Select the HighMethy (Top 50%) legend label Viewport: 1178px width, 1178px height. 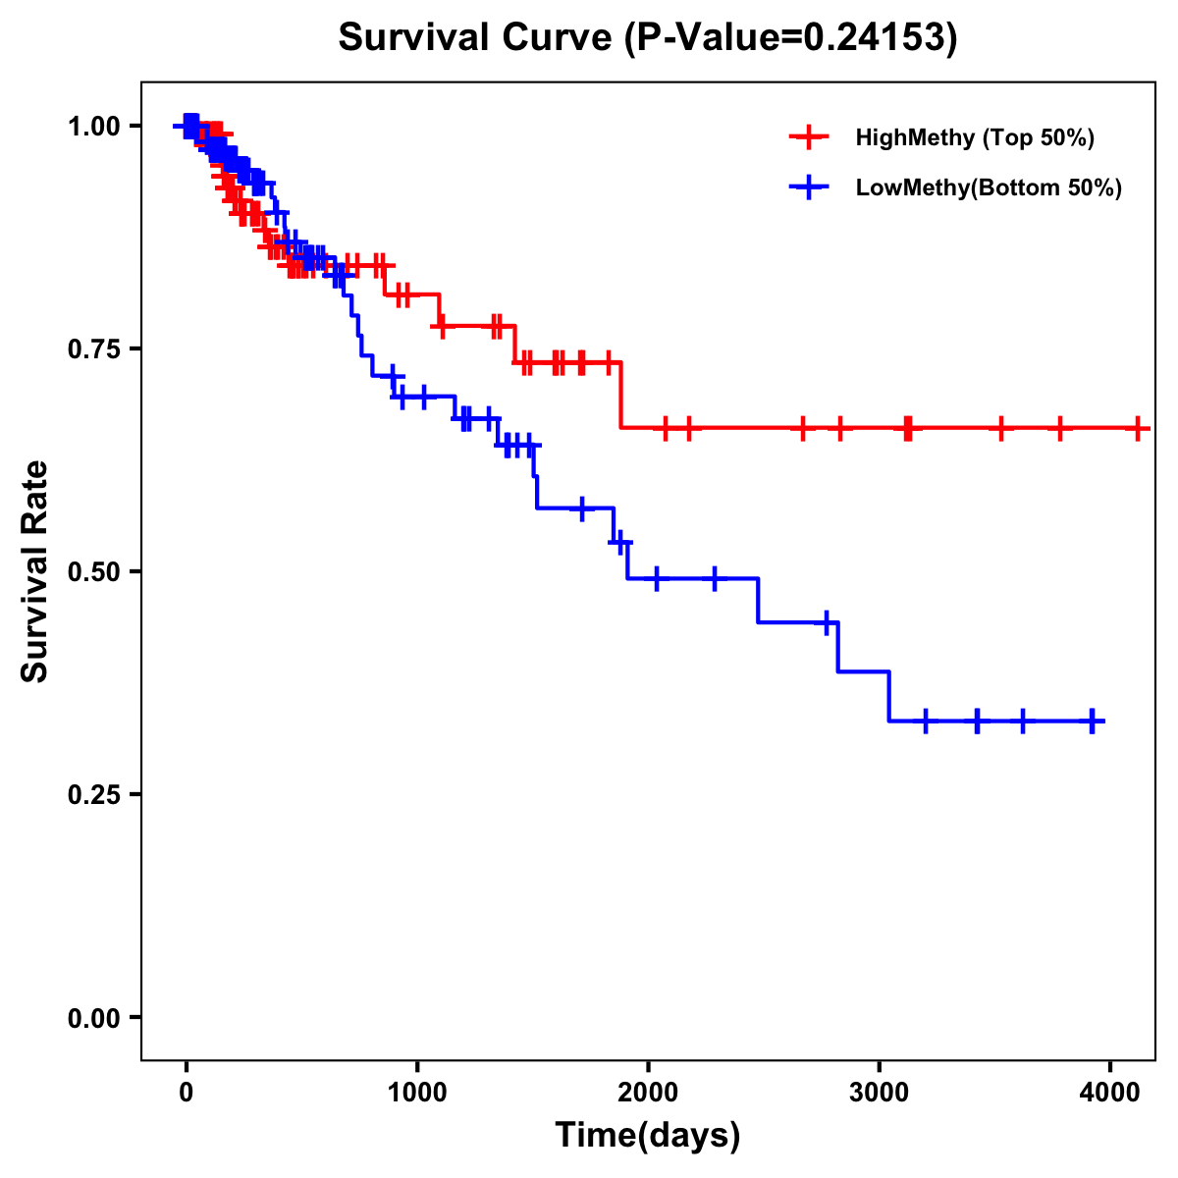975,137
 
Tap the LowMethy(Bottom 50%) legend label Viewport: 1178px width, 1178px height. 989,187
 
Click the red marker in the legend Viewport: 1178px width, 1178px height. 809,137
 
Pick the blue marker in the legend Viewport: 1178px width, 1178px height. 809,187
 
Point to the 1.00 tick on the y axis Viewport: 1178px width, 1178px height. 93,126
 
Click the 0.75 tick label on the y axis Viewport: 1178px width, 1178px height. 93,348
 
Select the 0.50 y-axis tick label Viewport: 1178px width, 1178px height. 93,571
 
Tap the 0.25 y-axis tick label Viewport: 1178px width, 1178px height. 93,794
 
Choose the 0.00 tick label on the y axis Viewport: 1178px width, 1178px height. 93,1017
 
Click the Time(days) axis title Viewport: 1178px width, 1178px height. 648,1136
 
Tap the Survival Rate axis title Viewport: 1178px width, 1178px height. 36,571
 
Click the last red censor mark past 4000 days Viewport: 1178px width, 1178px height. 1138,428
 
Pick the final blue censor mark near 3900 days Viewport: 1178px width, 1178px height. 1092,721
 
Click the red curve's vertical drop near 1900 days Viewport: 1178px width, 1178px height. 621,396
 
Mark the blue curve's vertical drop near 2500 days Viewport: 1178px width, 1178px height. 758,600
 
